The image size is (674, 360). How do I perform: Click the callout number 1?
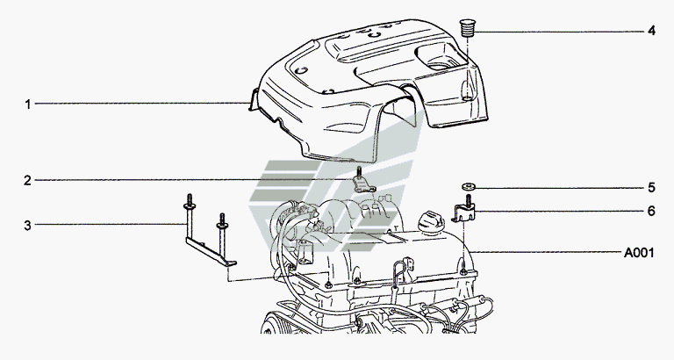tap(27, 104)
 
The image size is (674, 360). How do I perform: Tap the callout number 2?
tap(27, 181)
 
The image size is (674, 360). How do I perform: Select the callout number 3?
tap(27, 225)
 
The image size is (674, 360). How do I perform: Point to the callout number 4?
tap(651, 31)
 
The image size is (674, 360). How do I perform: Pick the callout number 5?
tap(651, 187)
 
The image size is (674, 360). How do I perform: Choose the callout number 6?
tap(651, 212)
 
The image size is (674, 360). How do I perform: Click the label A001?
tap(640, 252)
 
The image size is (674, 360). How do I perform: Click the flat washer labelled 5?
tap(467, 186)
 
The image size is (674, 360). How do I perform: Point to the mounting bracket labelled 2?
tap(361, 183)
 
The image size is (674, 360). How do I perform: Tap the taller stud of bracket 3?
tap(188, 211)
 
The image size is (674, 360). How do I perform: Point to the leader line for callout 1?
tap(140, 104)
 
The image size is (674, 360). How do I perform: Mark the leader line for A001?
tap(544, 252)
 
